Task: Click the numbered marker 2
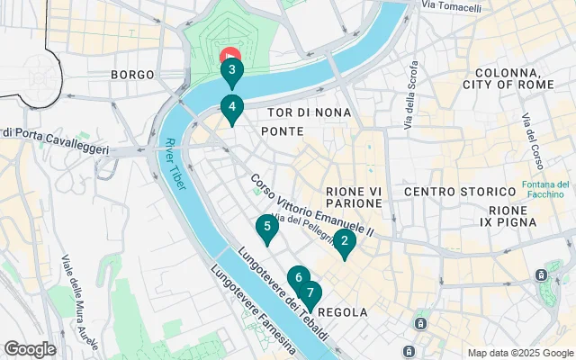pyautogui.click(x=343, y=241)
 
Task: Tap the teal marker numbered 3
pyautogui.click(x=231, y=70)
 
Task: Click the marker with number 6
pyautogui.click(x=298, y=278)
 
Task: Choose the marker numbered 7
pyautogui.click(x=310, y=293)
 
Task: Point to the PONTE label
pyautogui.click(x=281, y=131)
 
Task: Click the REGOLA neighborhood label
pyautogui.click(x=343, y=312)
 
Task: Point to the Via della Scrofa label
pyautogui.click(x=411, y=94)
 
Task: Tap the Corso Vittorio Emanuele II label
pyautogui.click(x=310, y=205)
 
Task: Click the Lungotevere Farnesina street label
pyautogui.click(x=251, y=308)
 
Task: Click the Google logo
pyautogui.click(x=30, y=349)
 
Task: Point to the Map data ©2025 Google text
pyautogui.click(x=519, y=353)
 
